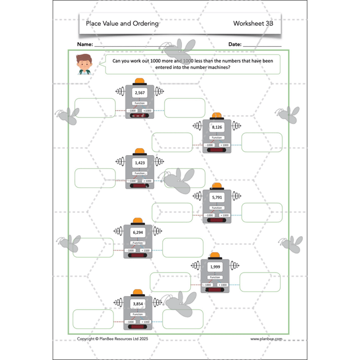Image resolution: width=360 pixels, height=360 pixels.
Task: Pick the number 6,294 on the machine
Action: click(x=138, y=232)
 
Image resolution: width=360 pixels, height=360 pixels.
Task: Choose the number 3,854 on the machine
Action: click(x=138, y=303)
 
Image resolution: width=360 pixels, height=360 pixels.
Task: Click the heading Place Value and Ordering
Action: click(x=118, y=23)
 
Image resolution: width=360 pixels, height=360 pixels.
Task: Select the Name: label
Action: click(x=85, y=45)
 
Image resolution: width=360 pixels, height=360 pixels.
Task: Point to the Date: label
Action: click(x=235, y=45)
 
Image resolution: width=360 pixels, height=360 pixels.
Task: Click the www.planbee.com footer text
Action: click(x=265, y=339)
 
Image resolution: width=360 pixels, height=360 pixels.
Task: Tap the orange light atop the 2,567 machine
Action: click(x=139, y=81)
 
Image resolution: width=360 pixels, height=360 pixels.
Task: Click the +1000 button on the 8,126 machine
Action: click(x=224, y=146)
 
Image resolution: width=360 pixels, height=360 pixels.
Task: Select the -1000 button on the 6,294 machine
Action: click(x=131, y=250)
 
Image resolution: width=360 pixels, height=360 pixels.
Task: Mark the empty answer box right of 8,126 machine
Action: click(x=262, y=142)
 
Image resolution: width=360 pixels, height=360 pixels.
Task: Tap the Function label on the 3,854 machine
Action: click(x=138, y=314)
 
